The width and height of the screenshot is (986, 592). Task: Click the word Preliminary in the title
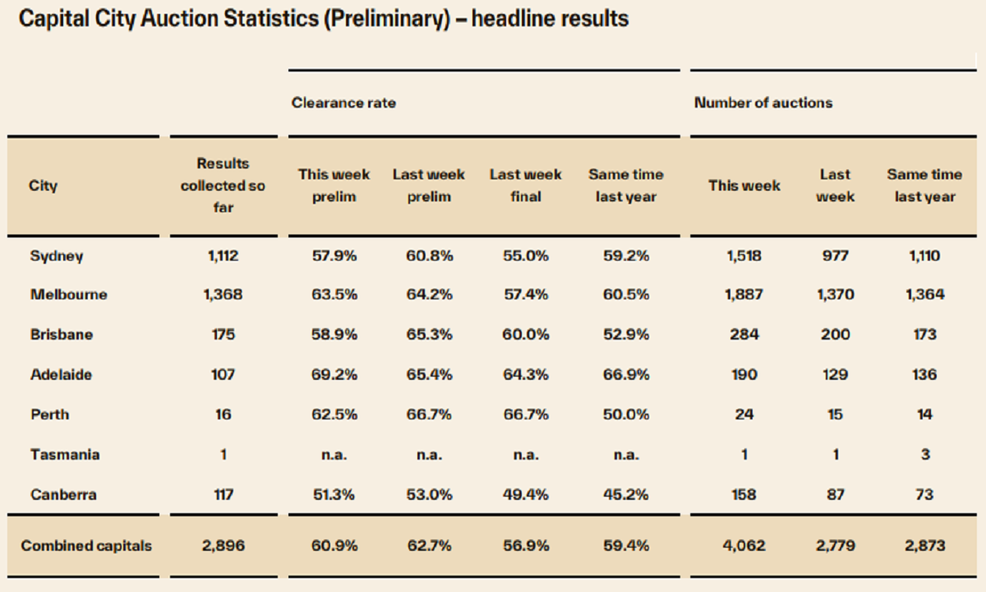tap(385, 19)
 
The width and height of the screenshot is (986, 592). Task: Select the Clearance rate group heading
tap(343, 103)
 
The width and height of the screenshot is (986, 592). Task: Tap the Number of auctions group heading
tap(763, 103)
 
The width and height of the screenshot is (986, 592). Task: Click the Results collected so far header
tap(223, 186)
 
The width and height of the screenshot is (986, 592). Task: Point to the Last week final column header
tap(526, 186)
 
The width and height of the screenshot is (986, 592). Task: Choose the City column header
tap(44, 186)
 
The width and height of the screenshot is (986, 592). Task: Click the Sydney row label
tap(57, 256)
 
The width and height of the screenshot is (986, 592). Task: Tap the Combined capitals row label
tap(86, 546)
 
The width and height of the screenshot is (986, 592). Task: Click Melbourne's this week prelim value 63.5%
tap(334, 294)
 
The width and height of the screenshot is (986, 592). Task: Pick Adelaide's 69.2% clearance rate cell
tap(334, 374)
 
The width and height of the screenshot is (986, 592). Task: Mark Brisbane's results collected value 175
tap(223, 335)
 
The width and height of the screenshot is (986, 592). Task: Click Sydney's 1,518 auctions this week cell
tap(744, 256)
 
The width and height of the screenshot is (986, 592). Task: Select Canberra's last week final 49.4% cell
tap(526, 494)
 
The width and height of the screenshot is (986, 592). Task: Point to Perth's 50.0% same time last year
tap(625, 414)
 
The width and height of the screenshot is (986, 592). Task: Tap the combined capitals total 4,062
tap(744, 546)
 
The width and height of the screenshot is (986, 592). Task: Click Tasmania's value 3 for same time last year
tap(924, 454)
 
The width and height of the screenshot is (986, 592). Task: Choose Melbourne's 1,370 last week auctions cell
tap(835, 294)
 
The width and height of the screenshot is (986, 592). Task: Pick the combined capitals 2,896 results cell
tap(223, 546)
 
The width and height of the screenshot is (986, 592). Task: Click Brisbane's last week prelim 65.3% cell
tap(428, 335)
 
